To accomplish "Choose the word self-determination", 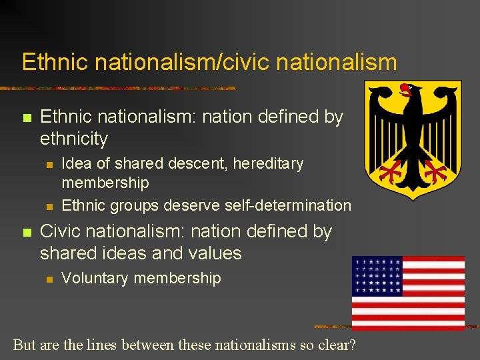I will coord(288,205).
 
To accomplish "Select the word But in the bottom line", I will coord(25,345).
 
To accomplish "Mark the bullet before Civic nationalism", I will coord(27,233).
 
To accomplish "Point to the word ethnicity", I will coord(73,139).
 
